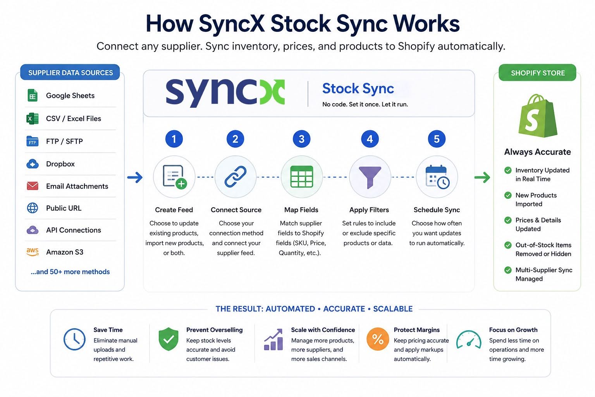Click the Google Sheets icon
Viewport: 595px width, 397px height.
click(33, 95)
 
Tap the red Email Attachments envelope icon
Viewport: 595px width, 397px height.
click(33, 186)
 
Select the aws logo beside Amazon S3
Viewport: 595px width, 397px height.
click(33, 252)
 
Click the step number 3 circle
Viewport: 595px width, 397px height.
click(301, 139)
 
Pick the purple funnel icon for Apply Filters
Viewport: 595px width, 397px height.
click(370, 177)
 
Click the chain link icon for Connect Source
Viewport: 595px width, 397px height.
click(236, 176)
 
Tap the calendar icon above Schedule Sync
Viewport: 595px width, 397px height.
click(437, 177)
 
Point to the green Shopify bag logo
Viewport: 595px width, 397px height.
click(538, 116)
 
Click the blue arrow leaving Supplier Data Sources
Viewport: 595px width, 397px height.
click(135, 177)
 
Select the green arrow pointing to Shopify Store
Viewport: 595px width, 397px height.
click(482, 177)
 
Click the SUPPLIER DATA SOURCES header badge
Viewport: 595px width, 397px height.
click(70, 72)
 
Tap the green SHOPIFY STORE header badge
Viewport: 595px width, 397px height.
click(537, 72)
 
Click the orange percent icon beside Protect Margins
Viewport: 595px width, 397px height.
click(378, 339)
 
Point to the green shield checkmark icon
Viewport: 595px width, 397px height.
click(169, 339)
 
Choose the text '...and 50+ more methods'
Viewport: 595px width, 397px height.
click(70, 271)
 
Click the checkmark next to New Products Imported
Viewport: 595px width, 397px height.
click(508, 195)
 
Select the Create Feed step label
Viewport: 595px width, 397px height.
click(174, 210)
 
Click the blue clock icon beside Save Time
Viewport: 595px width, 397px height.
click(74, 339)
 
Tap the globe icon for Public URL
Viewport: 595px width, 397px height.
click(33, 208)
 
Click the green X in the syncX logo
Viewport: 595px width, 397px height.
click(272, 92)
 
